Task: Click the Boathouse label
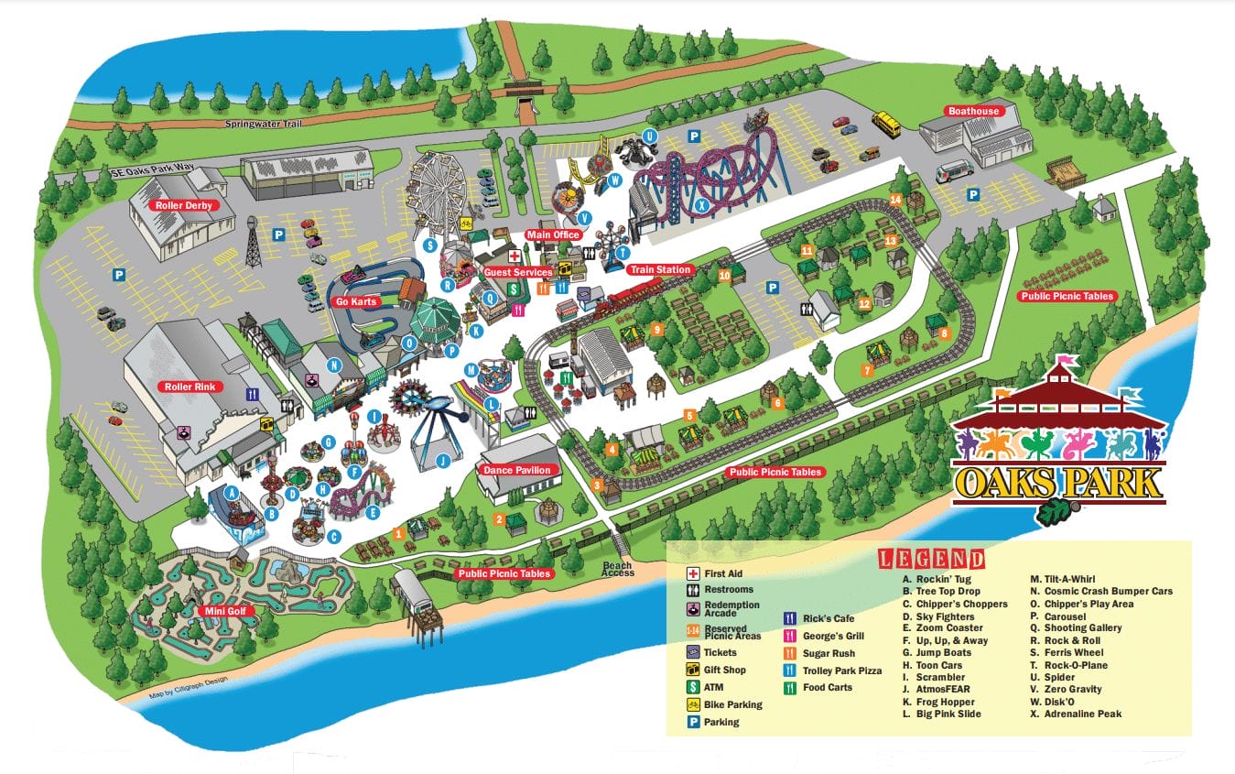coord(973,112)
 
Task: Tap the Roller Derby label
coord(183,205)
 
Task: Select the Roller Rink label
coord(190,387)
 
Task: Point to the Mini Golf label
coord(222,611)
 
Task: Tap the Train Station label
coord(659,270)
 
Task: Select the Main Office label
coord(553,235)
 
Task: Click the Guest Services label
coord(518,272)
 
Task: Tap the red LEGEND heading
coord(931,559)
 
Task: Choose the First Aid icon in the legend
coord(694,573)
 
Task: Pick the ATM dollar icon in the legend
coord(694,687)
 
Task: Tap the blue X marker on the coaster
coord(702,207)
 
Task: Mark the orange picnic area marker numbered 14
coord(895,199)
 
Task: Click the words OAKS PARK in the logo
coord(1058,481)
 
